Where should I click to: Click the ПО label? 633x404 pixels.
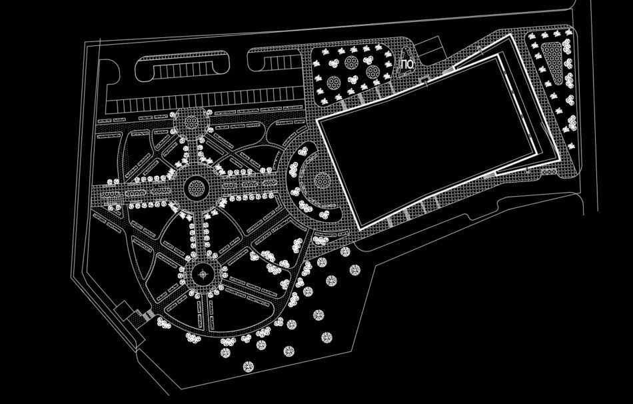click(407, 64)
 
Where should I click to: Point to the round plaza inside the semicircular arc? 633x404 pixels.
click(321, 180)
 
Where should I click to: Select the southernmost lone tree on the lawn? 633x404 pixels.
click(248, 367)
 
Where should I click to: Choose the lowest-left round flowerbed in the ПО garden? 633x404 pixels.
click(334, 83)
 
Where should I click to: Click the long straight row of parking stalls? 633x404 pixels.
click(207, 105)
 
